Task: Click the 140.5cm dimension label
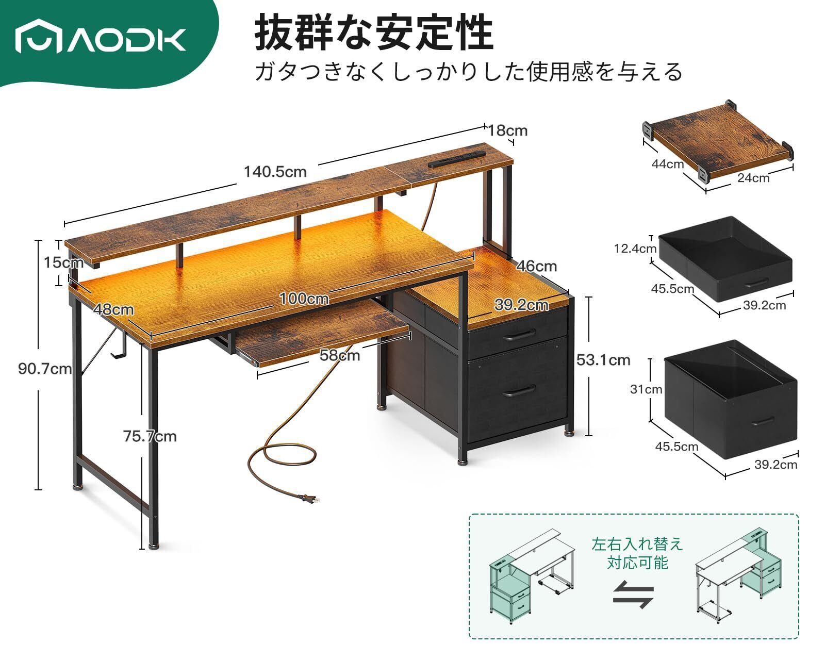tap(275, 172)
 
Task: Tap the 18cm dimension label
tap(508, 130)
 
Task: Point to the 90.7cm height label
tap(44, 369)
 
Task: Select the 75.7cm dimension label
tap(150, 436)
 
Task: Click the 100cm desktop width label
tap(304, 299)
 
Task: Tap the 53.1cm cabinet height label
tap(603, 359)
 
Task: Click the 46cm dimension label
tap(536, 266)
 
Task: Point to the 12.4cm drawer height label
tap(635, 249)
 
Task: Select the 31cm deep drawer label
tap(646, 389)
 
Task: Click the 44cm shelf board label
tap(668, 164)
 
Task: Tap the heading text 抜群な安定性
tap(374, 34)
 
